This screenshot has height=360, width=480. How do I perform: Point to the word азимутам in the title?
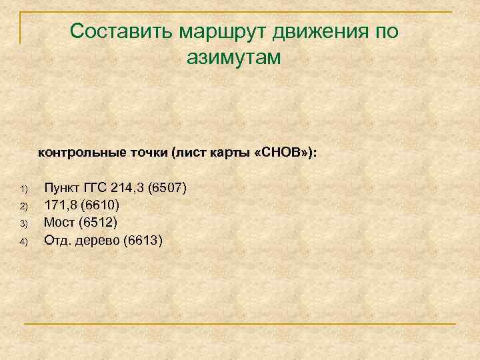(x=234, y=57)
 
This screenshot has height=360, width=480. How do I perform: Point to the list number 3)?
(x=23, y=223)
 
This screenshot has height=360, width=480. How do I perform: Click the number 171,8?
(x=63, y=205)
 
